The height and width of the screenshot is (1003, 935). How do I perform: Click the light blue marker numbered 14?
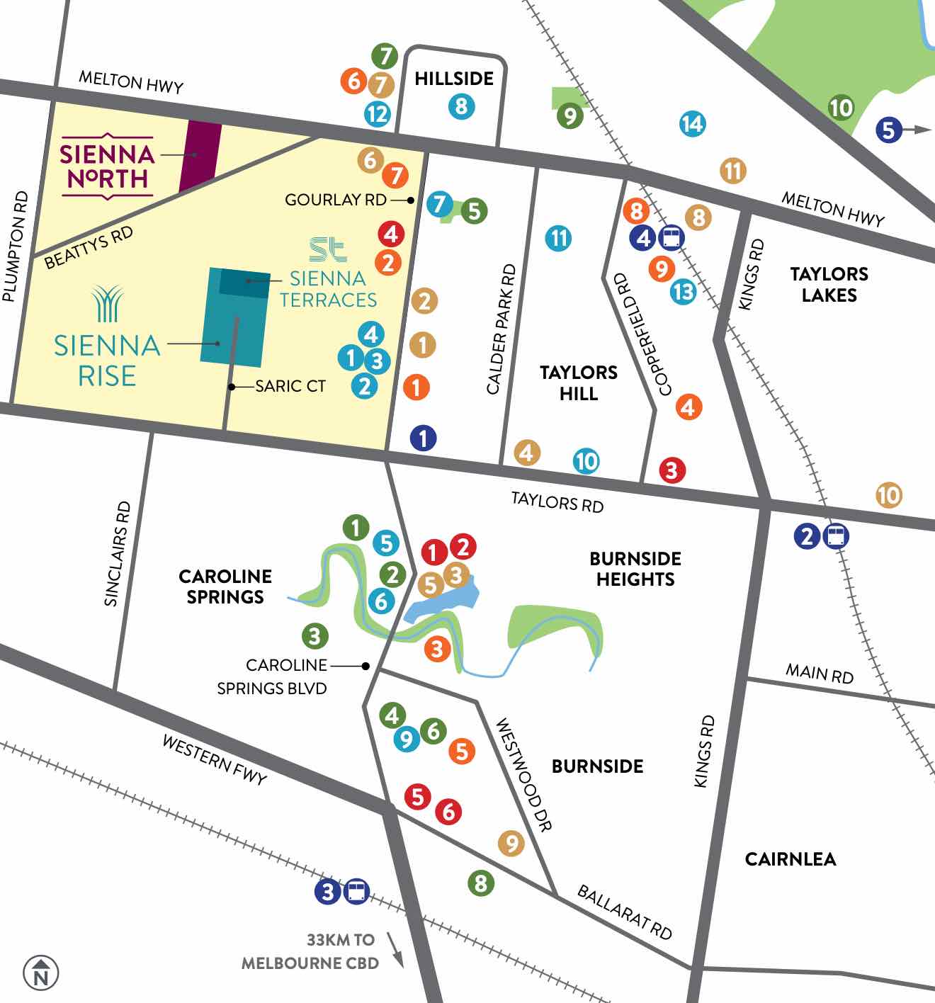pos(692,124)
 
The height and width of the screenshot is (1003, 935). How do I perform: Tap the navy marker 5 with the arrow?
pos(889,130)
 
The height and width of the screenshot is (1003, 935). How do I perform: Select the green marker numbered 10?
pos(841,108)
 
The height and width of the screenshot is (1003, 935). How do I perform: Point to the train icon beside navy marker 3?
pos(356,891)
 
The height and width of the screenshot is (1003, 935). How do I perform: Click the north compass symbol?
pos(41,973)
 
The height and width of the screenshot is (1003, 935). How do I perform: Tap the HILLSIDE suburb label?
pos(454,78)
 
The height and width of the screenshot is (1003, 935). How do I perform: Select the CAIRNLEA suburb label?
pos(790,859)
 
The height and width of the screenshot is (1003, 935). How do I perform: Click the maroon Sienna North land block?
pos(199,156)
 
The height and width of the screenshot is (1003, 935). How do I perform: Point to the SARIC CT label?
pos(290,386)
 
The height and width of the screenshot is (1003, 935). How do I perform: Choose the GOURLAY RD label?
pos(336,200)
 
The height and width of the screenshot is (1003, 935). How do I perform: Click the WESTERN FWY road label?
pos(215,760)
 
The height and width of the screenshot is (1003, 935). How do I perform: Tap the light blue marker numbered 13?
pos(684,291)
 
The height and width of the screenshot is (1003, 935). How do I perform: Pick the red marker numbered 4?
pos(391,233)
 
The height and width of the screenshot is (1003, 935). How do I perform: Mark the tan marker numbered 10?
pos(889,494)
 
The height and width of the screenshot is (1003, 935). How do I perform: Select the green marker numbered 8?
pos(480,883)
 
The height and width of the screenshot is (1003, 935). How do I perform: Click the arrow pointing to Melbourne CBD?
pos(395,950)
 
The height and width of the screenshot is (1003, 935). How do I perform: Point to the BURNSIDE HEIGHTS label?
pos(635,569)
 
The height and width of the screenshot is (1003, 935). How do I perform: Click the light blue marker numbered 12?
pos(378,113)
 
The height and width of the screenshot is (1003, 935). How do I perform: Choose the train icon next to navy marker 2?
pos(836,536)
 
